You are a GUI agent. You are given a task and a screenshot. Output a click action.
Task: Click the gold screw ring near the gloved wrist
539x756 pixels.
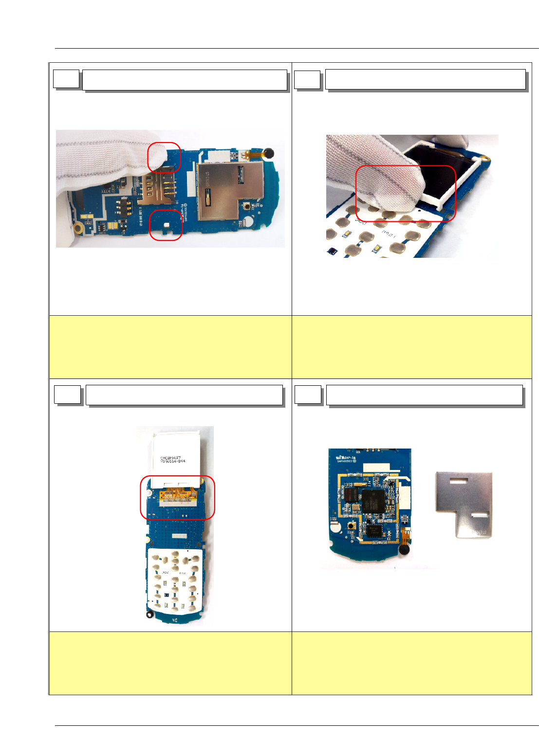pyautogui.click(x=77, y=227)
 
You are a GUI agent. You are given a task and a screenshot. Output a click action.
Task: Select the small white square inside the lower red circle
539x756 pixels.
pyautogui.click(x=167, y=225)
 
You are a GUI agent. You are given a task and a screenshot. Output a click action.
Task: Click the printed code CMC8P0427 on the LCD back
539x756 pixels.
pyautogui.click(x=170, y=458)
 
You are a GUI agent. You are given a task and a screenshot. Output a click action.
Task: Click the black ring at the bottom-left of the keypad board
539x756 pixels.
pyautogui.click(x=150, y=615)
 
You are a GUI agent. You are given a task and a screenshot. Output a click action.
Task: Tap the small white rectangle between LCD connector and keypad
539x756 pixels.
pyautogui.click(x=179, y=535)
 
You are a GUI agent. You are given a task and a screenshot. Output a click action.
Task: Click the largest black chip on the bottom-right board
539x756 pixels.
pyautogui.click(x=373, y=501)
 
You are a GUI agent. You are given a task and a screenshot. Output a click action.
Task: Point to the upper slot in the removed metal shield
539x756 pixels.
pyautogui.click(x=459, y=482)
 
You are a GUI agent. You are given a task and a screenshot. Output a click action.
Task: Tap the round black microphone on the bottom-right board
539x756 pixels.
pyautogui.click(x=404, y=550)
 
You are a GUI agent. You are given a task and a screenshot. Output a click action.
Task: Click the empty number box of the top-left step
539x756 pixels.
pyautogui.click(x=66, y=79)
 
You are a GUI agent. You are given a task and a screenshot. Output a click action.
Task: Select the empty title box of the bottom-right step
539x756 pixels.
pyautogui.click(x=424, y=395)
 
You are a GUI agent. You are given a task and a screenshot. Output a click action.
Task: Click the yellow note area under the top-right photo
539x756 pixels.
pyautogui.click(x=412, y=347)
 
